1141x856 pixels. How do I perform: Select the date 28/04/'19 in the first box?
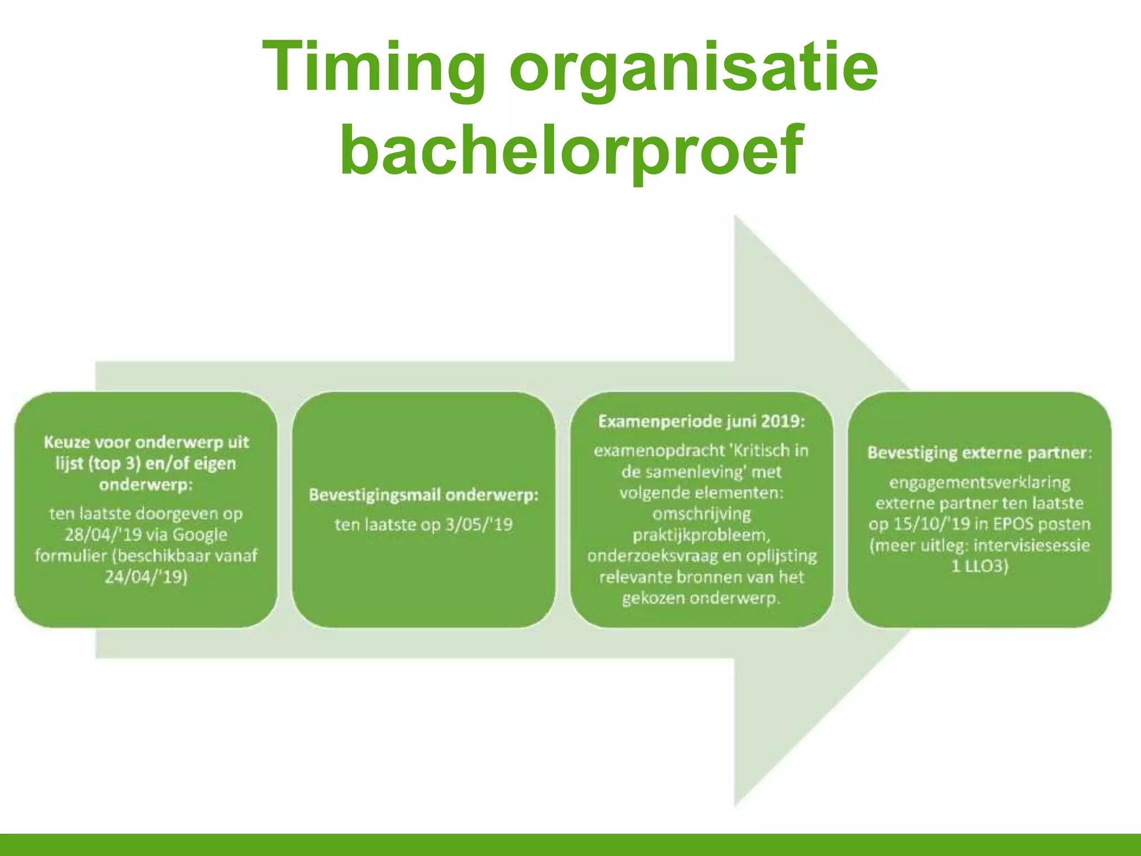point(104,534)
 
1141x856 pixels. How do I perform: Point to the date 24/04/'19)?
point(146,576)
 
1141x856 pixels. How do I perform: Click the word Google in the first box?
point(200,534)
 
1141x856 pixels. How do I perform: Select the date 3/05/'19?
point(479,524)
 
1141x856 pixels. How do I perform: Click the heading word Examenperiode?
point(652,421)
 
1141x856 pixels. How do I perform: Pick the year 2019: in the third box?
point(783,421)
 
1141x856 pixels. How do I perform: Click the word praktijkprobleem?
point(701,535)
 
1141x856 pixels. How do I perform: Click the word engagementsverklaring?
point(980,482)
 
